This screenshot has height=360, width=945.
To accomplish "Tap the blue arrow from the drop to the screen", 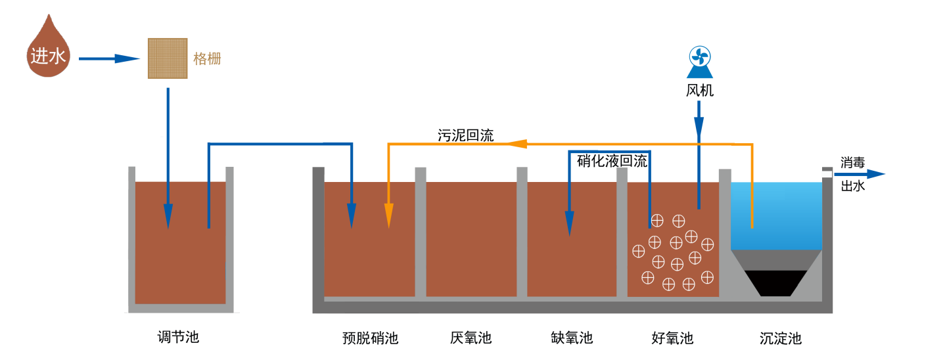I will point(109,58).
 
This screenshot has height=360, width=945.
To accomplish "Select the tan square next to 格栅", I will point(167,58).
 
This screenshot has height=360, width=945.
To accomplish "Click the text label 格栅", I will point(207,58).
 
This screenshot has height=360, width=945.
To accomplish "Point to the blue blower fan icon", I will point(699,61).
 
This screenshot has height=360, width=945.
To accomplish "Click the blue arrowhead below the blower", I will point(699,130).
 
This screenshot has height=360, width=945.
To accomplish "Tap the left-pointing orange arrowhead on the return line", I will point(516,143).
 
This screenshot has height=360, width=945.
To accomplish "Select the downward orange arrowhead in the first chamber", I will point(388,215).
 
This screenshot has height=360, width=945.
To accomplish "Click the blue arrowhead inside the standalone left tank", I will point(168,216).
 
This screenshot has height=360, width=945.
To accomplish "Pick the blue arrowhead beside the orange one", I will point(352,215).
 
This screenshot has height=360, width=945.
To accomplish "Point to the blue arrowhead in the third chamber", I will point(570,223).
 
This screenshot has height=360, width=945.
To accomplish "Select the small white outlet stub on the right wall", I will point(826,174).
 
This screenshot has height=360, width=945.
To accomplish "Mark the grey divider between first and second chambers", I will point(421,233).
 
